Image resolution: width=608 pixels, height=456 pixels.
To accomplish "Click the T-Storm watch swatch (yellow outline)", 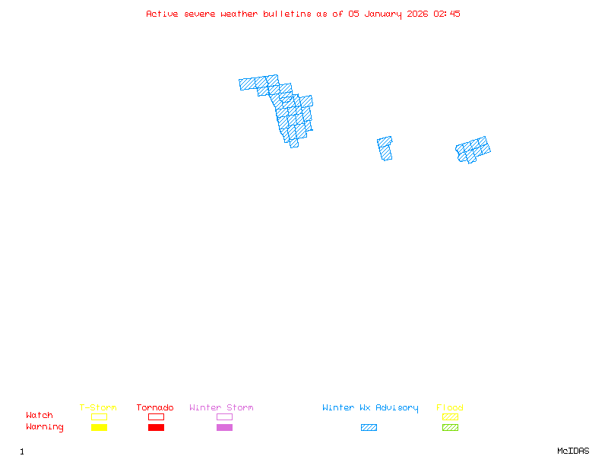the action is pyautogui.click(x=99, y=416).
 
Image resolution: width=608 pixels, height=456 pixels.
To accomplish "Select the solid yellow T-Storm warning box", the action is pyautogui.click(x=99, y=428).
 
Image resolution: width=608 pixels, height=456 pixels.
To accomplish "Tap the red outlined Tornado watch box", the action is pyautogui.click(x=156, y=416).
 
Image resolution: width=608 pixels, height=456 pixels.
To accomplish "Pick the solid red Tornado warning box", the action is pyautogui.click(x=156, y=428).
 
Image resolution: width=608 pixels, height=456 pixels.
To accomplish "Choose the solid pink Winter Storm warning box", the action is pyautogui.click(x=224, y=428).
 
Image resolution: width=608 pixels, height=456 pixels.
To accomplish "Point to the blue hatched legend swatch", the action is pyautogui.click(x=369, y=428).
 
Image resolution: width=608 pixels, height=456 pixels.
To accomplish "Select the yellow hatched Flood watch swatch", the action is pyautogui.click(x=450, y=416).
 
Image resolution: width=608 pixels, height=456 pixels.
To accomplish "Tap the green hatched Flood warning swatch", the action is pyautogui.click(x=450, y=428).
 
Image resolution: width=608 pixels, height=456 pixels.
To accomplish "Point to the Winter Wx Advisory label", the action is pyautogui.click(x=370, y=408).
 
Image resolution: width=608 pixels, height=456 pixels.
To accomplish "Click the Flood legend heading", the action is pyautogui.click(x=450, y=408).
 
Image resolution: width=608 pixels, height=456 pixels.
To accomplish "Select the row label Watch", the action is pyautogui.click(x=40, y=416).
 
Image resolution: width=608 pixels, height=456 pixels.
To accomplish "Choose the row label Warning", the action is pyautogui.click(x=45, y=427).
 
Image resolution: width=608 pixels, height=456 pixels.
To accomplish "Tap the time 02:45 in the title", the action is pyautogui.click(x=446, y=14).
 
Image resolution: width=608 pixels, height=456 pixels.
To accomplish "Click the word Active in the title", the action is pyautogui.click(x=163, y=14).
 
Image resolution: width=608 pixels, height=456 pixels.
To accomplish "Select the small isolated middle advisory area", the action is pyautogui.click(x=385, y=148).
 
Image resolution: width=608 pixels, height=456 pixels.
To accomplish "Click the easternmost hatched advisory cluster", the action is pyautogui.click(x=473, y=150).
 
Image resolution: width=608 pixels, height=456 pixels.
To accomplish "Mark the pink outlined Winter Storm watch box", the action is pyautogui.click(x=224, y=416).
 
